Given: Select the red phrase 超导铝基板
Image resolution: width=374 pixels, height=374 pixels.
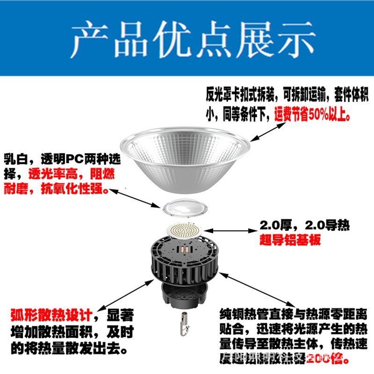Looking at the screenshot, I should tap(290, 240).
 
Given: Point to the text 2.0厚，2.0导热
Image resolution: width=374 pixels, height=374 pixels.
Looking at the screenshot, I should tap(304, 226).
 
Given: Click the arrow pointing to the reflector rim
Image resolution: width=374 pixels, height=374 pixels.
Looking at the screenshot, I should tap(266, 131).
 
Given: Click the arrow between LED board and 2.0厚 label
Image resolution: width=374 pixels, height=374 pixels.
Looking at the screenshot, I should tap(229, 230).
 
